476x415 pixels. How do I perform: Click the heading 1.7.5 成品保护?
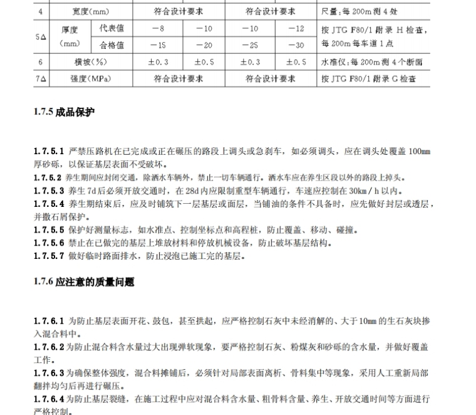(64, 113)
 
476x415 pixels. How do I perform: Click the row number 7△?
(41, 79)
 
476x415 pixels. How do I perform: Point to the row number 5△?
(41, 37)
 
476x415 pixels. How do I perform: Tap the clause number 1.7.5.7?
(49, 256)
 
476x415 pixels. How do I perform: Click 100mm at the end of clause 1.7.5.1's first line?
(419, 152)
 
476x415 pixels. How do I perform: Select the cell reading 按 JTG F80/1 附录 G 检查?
(366, 79)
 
